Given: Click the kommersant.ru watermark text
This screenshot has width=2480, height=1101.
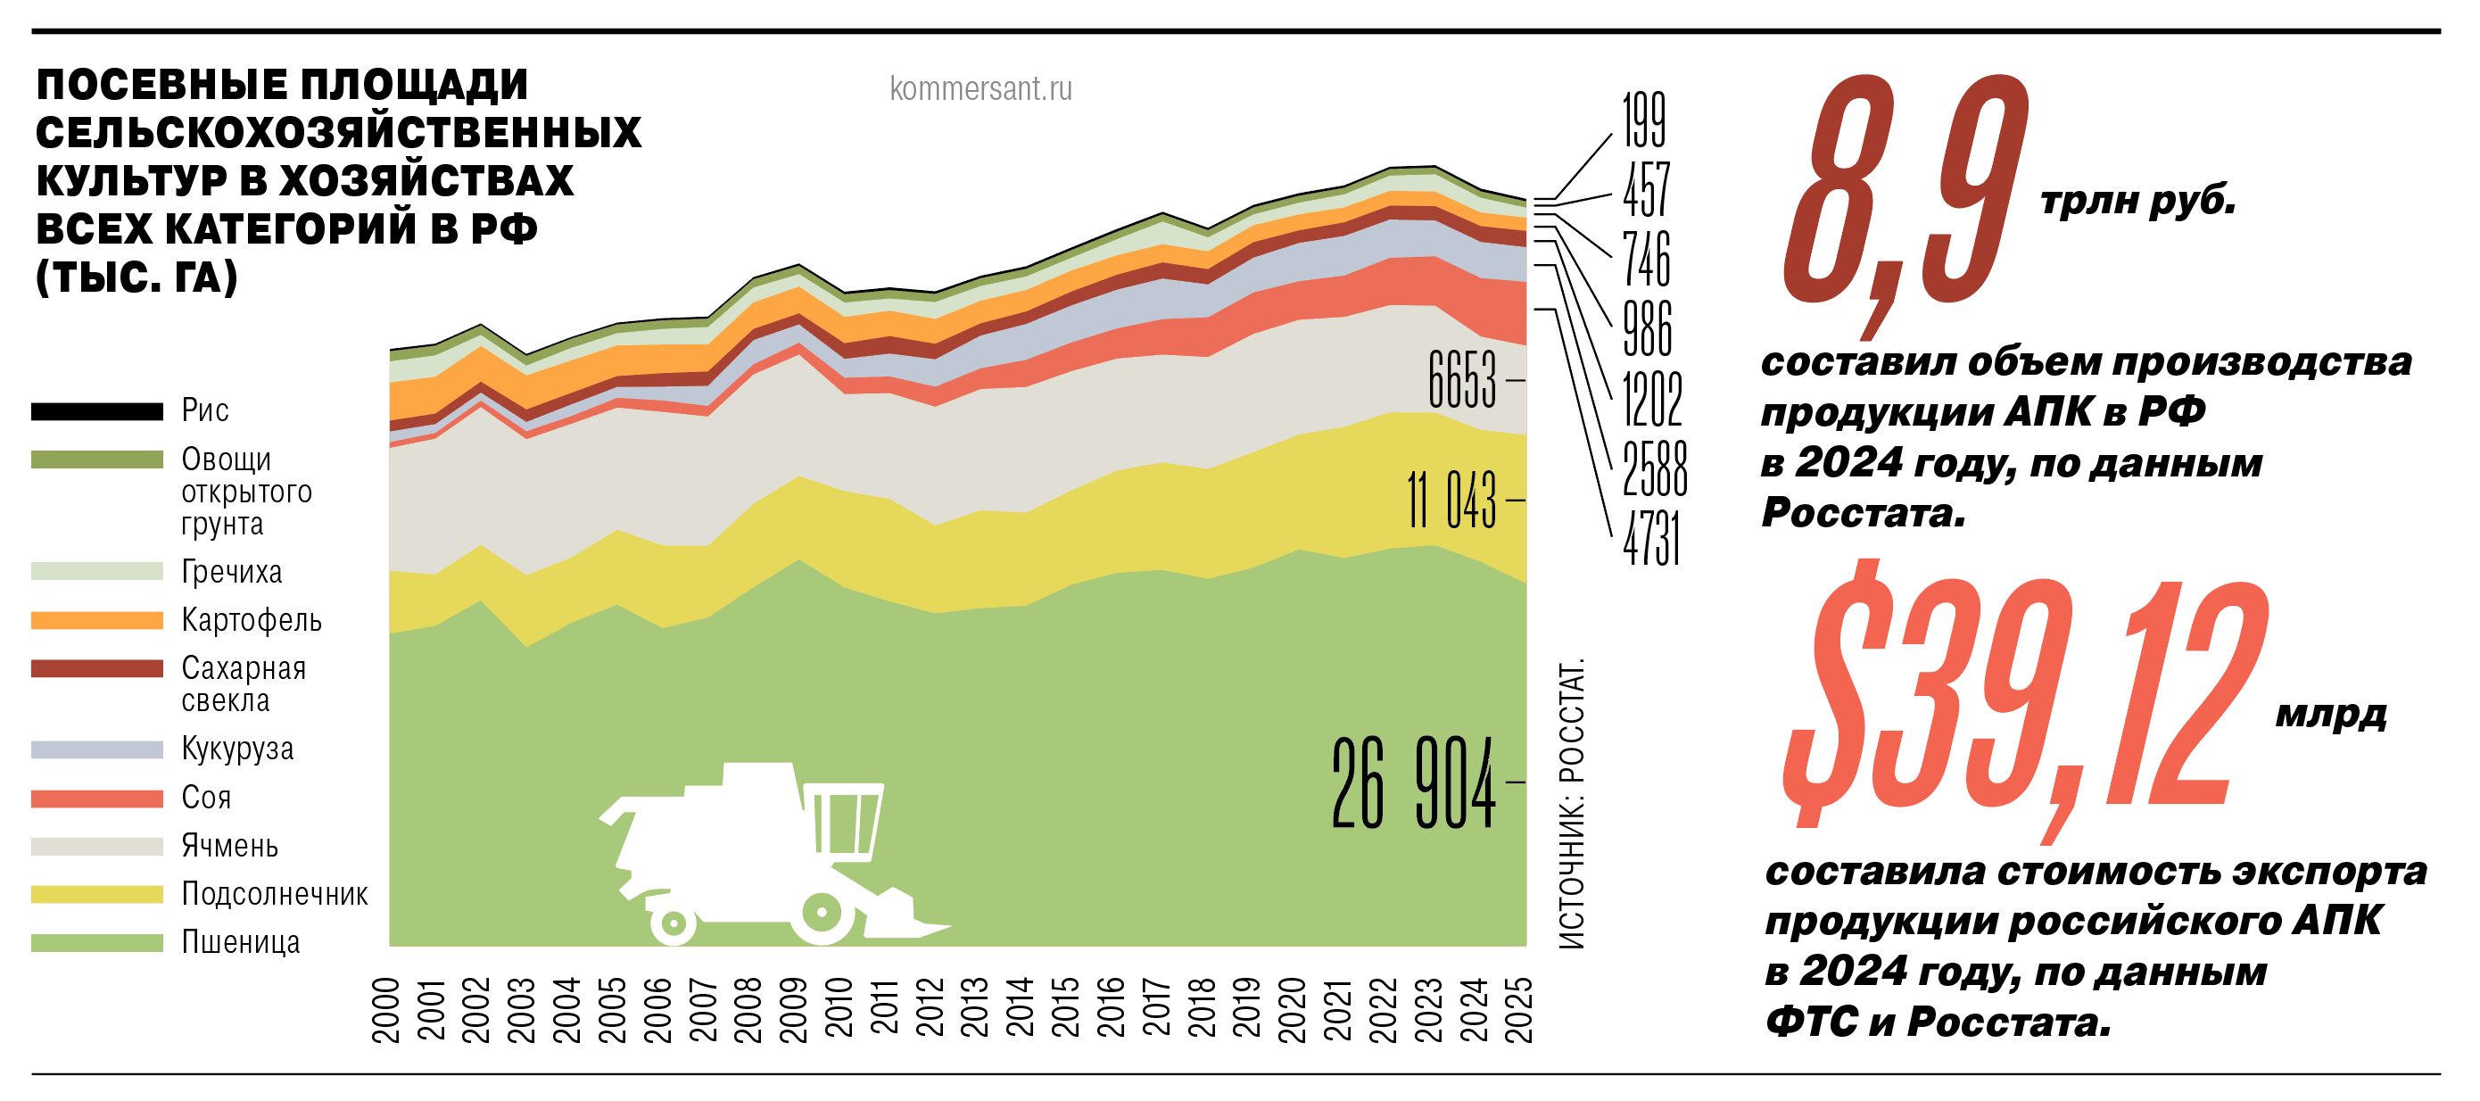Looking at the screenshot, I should [980, 88].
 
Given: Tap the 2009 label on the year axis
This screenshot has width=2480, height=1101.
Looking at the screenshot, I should [793, 1009].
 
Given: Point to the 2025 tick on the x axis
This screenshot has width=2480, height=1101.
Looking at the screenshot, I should [1518, 1009].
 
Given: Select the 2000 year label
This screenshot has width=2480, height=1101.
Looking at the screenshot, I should [386, 1009].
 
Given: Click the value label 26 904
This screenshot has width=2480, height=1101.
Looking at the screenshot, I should [1413, 782].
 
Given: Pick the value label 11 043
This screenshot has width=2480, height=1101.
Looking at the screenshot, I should [1451, 500].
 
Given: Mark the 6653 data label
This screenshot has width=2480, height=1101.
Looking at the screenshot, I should [1462, 379].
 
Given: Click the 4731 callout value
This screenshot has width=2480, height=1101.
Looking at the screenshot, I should [1651, 539].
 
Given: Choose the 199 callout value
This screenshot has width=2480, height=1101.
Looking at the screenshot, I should [1643, 120].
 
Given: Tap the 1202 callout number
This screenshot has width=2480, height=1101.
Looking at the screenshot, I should [1652, 399].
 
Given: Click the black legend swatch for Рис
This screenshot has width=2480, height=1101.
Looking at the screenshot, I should [96, 411].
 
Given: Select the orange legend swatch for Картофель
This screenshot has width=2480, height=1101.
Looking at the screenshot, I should [96, 620].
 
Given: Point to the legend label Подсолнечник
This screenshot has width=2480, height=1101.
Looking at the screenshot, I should [275, 894].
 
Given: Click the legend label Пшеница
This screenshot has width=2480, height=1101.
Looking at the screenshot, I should [241, 942].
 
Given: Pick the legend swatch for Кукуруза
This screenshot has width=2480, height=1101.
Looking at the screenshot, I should [96, 749].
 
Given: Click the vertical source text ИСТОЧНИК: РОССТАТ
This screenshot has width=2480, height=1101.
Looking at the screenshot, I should [1571, 804].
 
